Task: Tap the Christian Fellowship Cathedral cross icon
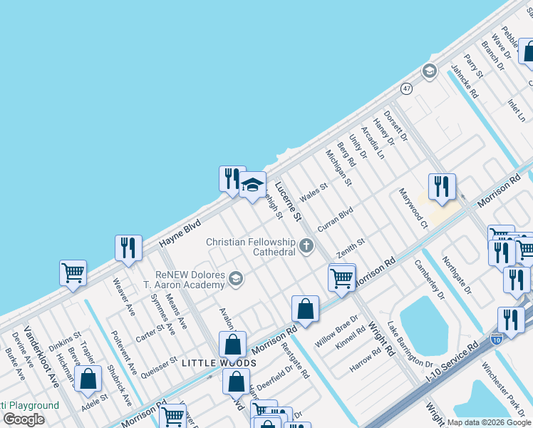306,247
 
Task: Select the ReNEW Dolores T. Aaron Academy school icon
236,279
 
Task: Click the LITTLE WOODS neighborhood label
219,363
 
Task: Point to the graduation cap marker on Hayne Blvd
252,185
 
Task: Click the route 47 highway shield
406,88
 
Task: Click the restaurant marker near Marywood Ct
442,188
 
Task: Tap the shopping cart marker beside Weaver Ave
73,273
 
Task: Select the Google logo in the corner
24,419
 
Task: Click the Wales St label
314,193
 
